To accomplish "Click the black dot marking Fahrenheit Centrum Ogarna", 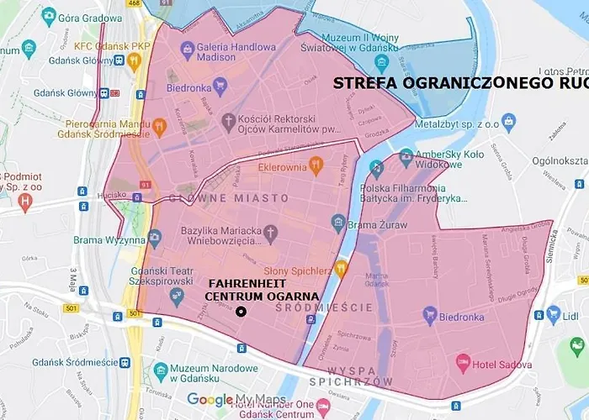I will coord(241,312).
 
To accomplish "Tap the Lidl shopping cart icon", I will coord(554,315).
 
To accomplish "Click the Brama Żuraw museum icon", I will coord(339,223).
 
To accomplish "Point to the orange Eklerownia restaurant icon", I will coord(316,163).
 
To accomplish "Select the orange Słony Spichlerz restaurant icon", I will coord(341,269).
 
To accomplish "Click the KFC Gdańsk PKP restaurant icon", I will coord(134,60).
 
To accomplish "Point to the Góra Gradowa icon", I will coord(50,16).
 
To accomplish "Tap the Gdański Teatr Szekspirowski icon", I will coord(176,296).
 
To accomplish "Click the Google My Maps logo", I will coord(236,400).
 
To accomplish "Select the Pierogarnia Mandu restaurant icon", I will coord(159,128).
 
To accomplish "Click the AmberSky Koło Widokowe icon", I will coord(406,155).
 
